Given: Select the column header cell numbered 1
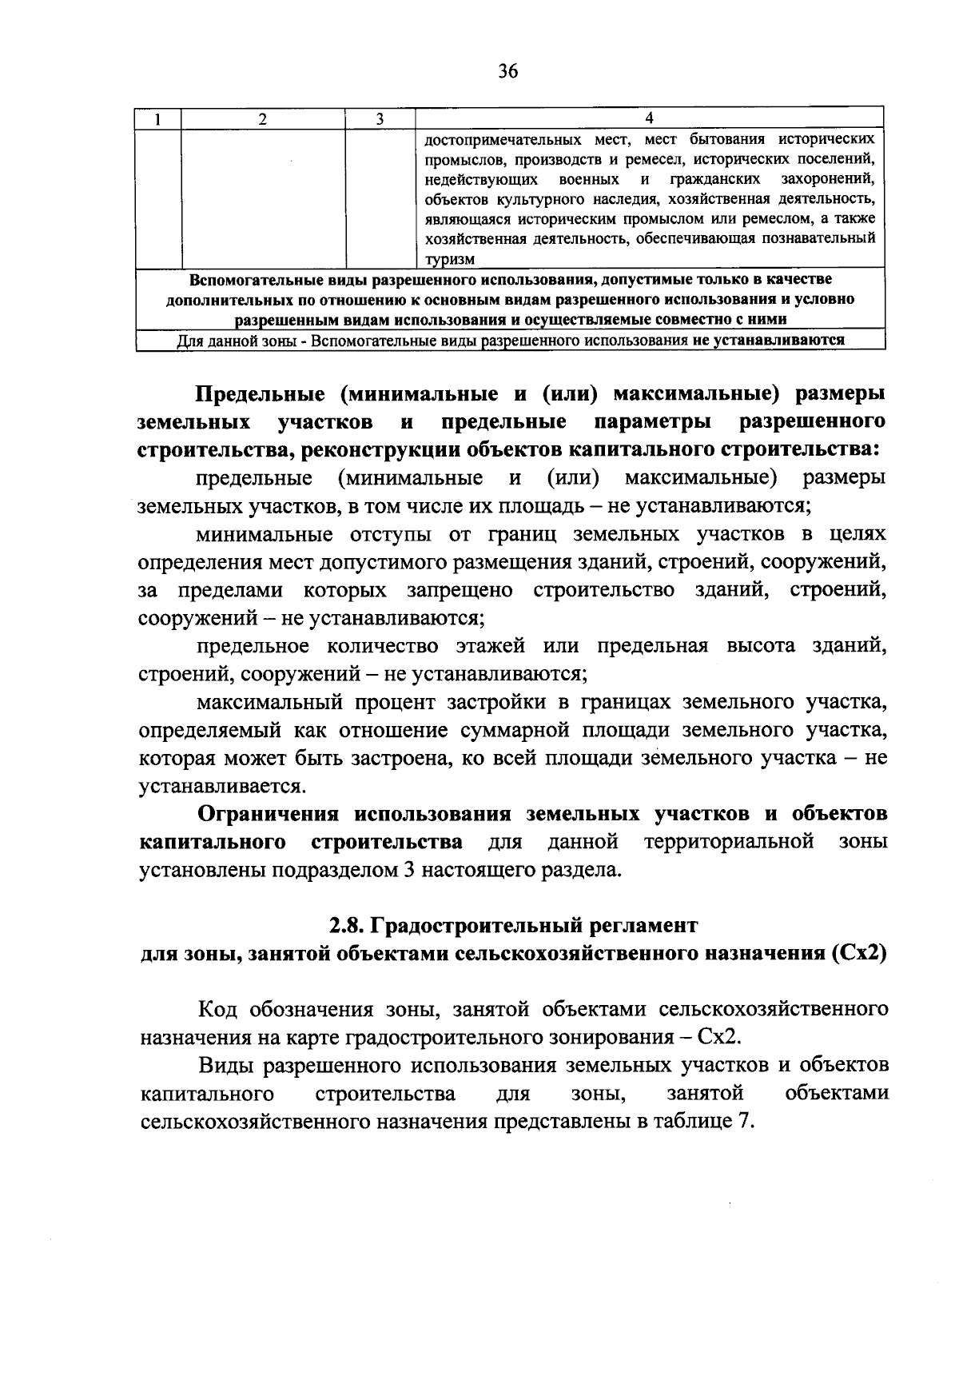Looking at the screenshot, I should coord(158,119).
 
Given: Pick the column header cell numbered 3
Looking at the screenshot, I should coord(380,119).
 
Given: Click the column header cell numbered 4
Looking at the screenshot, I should coord(649,119).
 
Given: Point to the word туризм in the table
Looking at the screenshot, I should coord(450,259).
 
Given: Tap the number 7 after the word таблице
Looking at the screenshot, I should coord(746,1121).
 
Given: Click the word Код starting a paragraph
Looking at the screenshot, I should coord(219,1009).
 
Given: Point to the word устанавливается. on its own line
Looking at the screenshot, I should coord(221,786).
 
